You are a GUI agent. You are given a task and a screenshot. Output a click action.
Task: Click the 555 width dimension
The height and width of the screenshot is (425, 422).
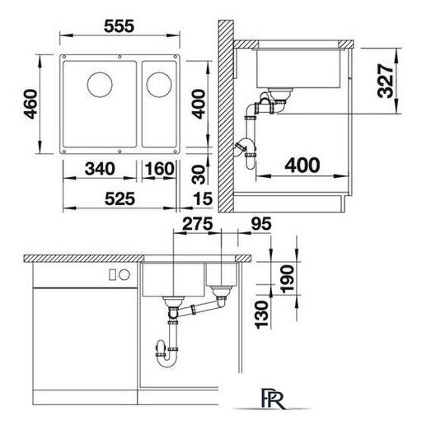coord(119,26)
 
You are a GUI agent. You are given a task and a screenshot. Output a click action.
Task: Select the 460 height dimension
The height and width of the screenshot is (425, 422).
coord(30,104)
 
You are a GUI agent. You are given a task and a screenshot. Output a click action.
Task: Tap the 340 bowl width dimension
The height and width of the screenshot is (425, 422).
coord(100,169)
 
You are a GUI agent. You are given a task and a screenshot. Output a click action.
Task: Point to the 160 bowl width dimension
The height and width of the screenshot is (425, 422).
coord(159,169)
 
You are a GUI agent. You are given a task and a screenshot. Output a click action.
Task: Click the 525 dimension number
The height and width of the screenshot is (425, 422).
coord(120,198)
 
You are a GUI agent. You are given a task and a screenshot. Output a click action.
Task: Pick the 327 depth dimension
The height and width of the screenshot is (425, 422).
coord(385,81)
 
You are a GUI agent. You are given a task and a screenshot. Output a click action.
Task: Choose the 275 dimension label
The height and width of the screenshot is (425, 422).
coord(198,223)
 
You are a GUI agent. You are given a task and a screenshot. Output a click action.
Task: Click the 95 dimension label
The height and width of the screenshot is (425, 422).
coord(261,223)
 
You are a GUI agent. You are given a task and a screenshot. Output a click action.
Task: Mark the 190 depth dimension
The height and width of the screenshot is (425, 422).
coord(288,279)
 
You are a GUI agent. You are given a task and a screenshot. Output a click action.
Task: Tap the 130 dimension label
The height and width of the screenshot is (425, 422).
coord(261,315)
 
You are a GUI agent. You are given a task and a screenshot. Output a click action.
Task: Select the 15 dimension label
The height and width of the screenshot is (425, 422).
coord(203,198)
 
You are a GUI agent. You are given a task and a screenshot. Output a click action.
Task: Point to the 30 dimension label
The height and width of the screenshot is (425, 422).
coord(199,175)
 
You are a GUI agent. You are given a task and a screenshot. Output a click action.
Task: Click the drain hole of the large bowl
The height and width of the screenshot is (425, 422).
coord(100,85)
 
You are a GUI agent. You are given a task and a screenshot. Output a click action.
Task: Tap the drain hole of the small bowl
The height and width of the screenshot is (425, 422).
coord(159,85)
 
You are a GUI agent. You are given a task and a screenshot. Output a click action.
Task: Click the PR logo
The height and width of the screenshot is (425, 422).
coord(272,399)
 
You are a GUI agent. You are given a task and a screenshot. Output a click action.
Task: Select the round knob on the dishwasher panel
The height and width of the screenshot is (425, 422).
coord(124,274)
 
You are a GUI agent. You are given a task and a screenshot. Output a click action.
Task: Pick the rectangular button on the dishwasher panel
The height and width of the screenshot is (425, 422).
coord(112,274)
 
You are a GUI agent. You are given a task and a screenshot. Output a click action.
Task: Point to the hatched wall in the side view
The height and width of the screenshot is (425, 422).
coord(226,116)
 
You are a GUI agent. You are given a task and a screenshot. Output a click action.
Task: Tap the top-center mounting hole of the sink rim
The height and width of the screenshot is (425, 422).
coord(120,57)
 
